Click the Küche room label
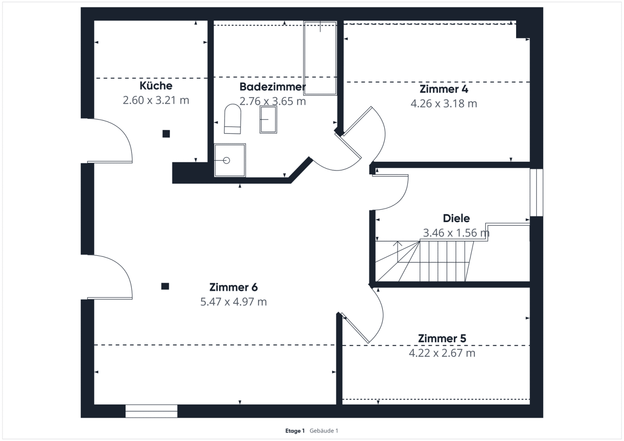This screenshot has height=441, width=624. [156, 85]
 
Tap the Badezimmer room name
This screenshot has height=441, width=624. [273, 87]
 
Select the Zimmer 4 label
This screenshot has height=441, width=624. [444, 89]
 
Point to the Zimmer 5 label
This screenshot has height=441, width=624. [442, 339]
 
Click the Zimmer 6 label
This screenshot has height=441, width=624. [233, 287]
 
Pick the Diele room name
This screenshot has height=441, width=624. [456, 218]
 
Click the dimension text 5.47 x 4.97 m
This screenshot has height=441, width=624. [233, 302]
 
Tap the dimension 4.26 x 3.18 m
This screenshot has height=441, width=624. [444, 104]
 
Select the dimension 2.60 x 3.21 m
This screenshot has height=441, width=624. [156, 100]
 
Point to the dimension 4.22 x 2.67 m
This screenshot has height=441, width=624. [442, 353]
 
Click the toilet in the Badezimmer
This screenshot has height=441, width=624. [233, 119]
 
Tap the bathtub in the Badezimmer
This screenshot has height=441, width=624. [320, 58]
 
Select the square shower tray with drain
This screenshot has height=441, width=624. [230, 160]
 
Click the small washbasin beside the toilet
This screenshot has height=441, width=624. [268, 119]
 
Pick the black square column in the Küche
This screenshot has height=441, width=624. [166, 134]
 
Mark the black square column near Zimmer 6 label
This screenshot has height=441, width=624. [165, 286]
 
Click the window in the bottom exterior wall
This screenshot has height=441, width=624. [151, 411]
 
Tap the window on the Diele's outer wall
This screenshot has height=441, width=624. [536, 192]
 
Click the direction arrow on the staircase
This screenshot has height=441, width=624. [398, 252]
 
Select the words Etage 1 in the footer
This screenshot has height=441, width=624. [295, 431]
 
